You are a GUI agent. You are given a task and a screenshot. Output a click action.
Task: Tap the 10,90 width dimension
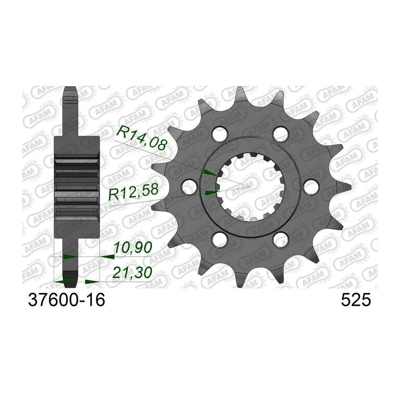click(x=132, y=247)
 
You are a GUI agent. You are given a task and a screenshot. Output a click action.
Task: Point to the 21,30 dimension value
click(x=132, y=272)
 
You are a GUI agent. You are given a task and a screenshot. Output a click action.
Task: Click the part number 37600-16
click(x=67, y=300)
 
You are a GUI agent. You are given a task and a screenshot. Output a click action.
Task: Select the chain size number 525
click(x=356, y=300)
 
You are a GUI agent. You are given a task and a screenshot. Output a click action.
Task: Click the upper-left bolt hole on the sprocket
click(x=220, y=132)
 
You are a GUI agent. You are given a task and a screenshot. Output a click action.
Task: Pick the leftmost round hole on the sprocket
click(x=189, y=186)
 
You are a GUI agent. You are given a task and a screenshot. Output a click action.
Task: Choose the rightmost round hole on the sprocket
click(x=311, y=186)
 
